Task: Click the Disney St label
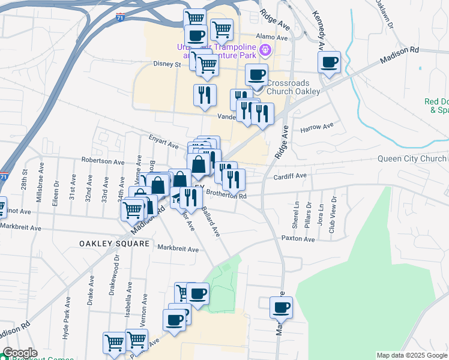click(167, 64)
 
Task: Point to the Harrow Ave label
click(316, 128)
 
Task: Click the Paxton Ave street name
click(298, 239)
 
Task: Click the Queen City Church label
click(412, 159)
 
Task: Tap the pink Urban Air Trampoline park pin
click(265, 50)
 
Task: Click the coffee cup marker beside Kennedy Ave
click(329, 62)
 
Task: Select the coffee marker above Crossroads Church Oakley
click(256, 75)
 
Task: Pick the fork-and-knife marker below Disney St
click(204, 95)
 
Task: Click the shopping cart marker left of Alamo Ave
click(221, 28)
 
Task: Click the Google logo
click(19, 353)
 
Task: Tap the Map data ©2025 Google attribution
click(412, 355)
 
